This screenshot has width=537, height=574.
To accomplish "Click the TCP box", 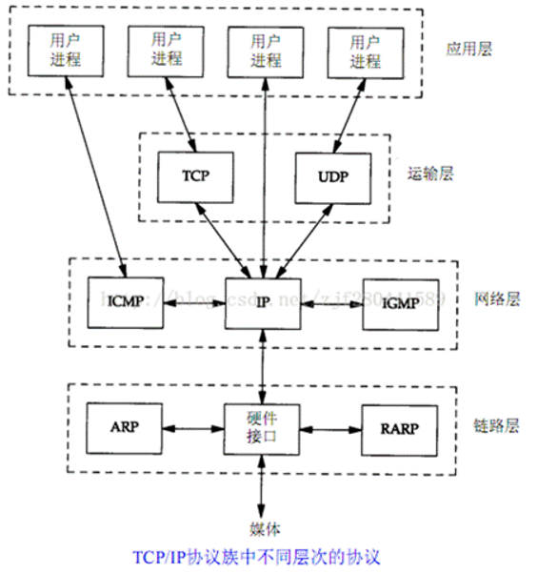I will point(195,176).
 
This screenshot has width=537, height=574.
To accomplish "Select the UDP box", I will point(333,176).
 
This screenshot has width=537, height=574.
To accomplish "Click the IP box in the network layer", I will point(263,303).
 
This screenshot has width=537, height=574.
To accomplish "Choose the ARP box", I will point(124,427).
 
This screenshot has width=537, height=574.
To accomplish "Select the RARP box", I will point(398,427).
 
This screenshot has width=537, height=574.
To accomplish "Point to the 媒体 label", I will point(263,528).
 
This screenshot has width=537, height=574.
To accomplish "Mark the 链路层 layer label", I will point(499,425).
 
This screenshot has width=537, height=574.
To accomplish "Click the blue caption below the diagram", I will point(262,554).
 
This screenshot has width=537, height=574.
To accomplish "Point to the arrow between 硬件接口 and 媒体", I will point(263,487).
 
